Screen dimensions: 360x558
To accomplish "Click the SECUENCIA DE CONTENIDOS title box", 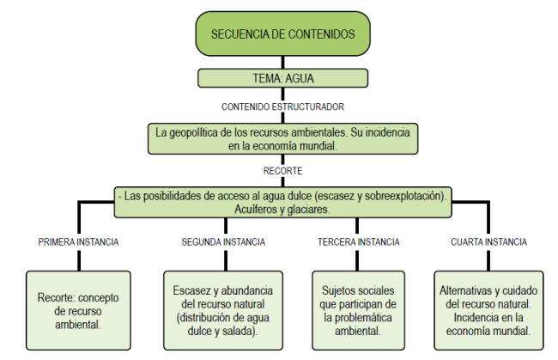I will [x=282, y=35].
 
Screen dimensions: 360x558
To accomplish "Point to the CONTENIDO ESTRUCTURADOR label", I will [x=282, y=107].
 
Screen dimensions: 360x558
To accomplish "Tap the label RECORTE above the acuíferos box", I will [x=282, y=170].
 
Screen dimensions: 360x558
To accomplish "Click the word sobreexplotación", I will [x=405, y=196].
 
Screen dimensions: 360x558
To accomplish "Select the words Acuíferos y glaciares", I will [x=282, y=209].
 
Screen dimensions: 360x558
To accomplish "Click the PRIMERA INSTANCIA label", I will [x=79, y=242].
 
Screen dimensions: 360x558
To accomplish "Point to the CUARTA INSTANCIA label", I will [x=488, y=242].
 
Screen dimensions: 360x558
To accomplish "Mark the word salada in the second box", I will [x=246, y=330].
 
